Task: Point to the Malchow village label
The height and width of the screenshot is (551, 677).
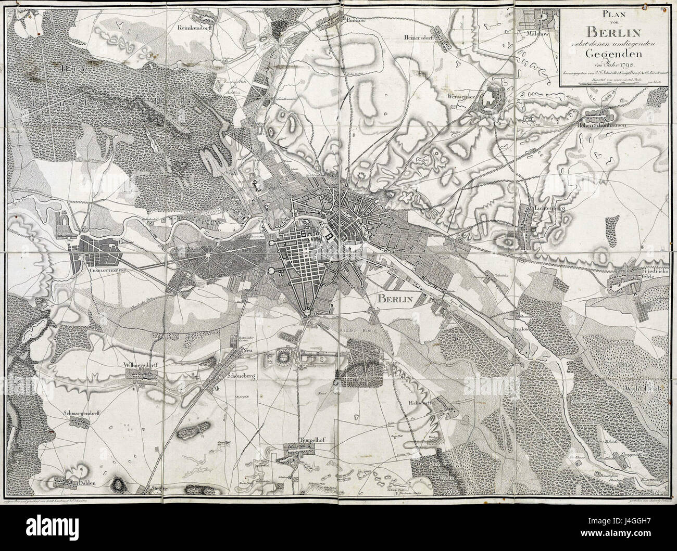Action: pyautogui.click(x=542, y=34)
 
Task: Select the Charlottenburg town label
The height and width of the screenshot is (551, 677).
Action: pyautogui.click(x=98, y=271)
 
